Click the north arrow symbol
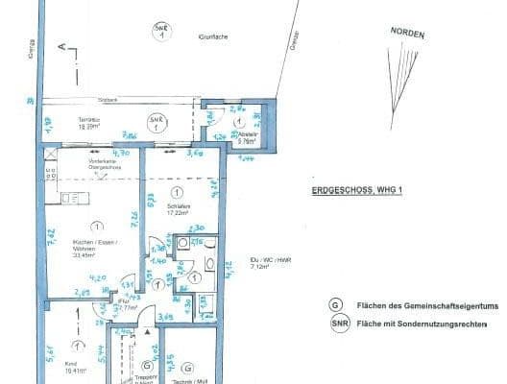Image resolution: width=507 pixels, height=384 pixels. [395, 71]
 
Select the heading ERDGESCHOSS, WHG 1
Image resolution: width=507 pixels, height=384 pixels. [354, 191]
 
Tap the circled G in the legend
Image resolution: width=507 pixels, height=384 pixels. [336, 303]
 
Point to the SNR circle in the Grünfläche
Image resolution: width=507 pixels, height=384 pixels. [160, 31]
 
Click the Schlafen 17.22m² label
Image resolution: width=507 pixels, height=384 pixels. [177, 210]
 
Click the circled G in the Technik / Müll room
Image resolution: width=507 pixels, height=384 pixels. [188, 367]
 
